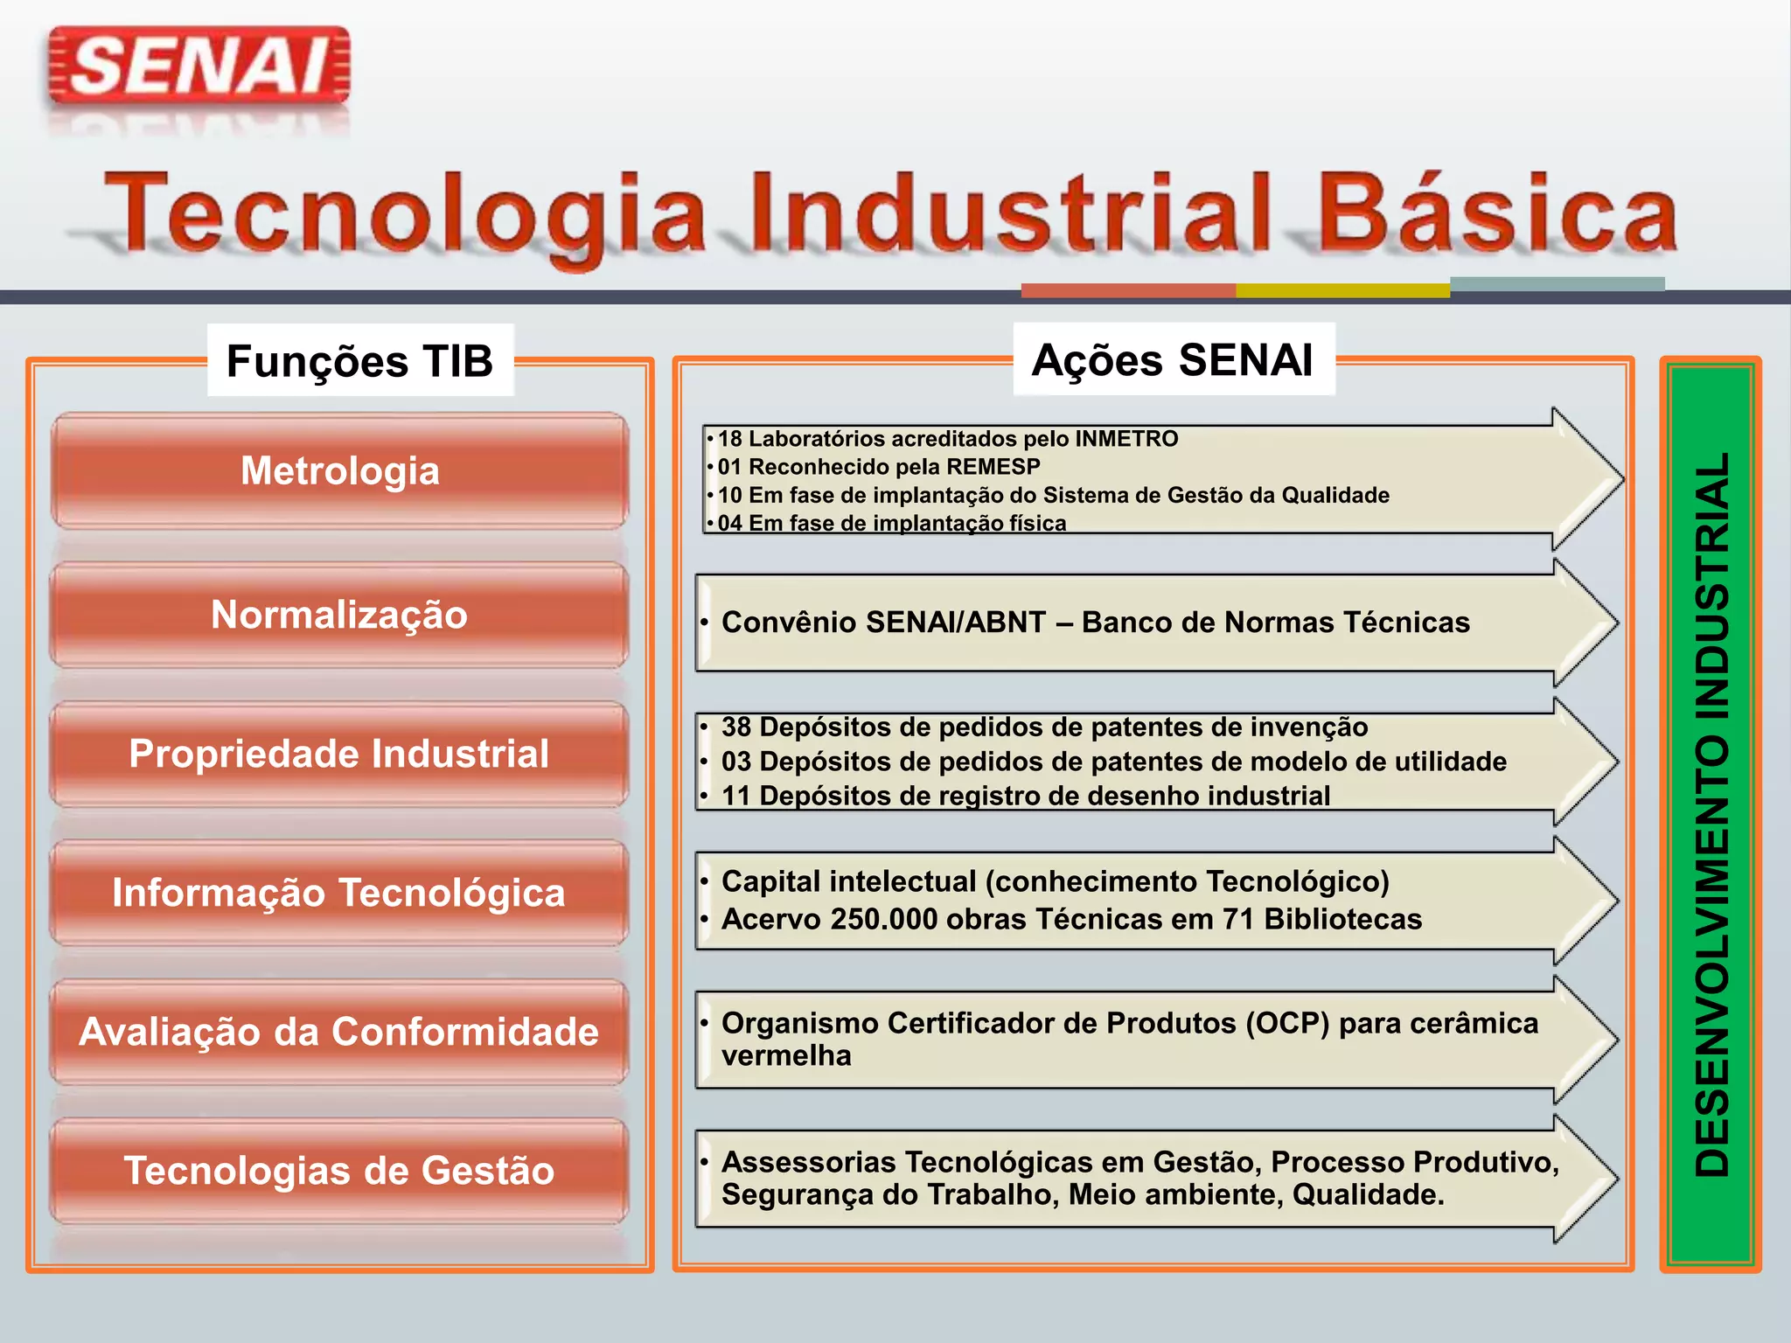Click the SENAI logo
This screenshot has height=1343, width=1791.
[x=199, y=66]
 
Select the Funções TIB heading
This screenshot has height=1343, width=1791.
[x=359, y=361]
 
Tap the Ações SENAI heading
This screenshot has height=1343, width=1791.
[x=1172, y=359]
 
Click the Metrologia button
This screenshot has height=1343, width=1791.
[x=339, y=471]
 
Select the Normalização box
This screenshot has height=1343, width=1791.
[x=339, y=615]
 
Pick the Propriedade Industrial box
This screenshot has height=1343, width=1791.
[x=339, y=754]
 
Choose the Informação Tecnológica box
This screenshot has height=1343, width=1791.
[x=339, y=893]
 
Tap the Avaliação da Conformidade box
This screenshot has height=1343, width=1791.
[x=339, y=1032]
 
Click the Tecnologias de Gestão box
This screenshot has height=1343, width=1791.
[x=339, y=1171]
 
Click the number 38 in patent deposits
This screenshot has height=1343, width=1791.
[x=736, y=727]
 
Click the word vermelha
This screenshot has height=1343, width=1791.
[x=785, y=1056]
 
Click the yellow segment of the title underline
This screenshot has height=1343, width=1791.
[x=1342, y=290]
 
